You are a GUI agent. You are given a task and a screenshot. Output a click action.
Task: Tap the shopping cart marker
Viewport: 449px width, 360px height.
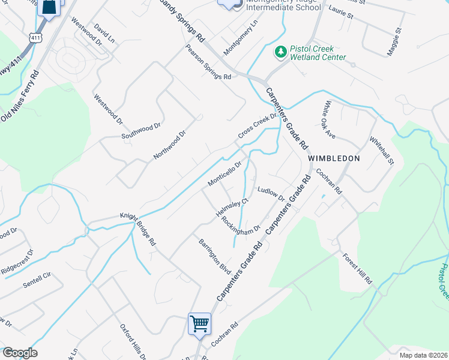coord(199,325)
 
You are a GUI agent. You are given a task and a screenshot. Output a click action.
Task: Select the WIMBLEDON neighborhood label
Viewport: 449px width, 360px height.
coord(334,158)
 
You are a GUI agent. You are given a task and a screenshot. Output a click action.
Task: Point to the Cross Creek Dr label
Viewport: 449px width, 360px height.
coord(257,127)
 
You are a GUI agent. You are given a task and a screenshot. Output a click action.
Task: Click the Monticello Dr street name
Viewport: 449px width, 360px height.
coord(224,173)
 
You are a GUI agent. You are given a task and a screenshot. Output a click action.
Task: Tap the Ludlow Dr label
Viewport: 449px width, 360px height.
coord(271,193)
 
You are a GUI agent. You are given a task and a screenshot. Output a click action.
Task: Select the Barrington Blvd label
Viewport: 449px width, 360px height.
coord(215,256)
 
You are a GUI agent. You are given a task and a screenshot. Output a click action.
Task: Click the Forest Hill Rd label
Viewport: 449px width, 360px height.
coord(358,269)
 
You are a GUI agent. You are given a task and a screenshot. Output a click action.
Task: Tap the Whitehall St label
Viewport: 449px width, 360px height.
coord(381,150)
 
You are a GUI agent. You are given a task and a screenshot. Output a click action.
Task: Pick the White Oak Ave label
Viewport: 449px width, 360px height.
coord(330,118)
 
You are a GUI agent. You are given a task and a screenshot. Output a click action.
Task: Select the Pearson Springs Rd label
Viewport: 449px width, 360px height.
coord(208,62)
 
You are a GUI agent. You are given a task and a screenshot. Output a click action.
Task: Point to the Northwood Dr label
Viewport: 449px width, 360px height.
coord(169,145)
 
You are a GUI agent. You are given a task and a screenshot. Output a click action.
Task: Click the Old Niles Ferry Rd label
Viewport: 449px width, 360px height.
coord(19,97)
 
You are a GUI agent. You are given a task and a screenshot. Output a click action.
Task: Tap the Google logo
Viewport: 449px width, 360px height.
coord(19,353)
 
